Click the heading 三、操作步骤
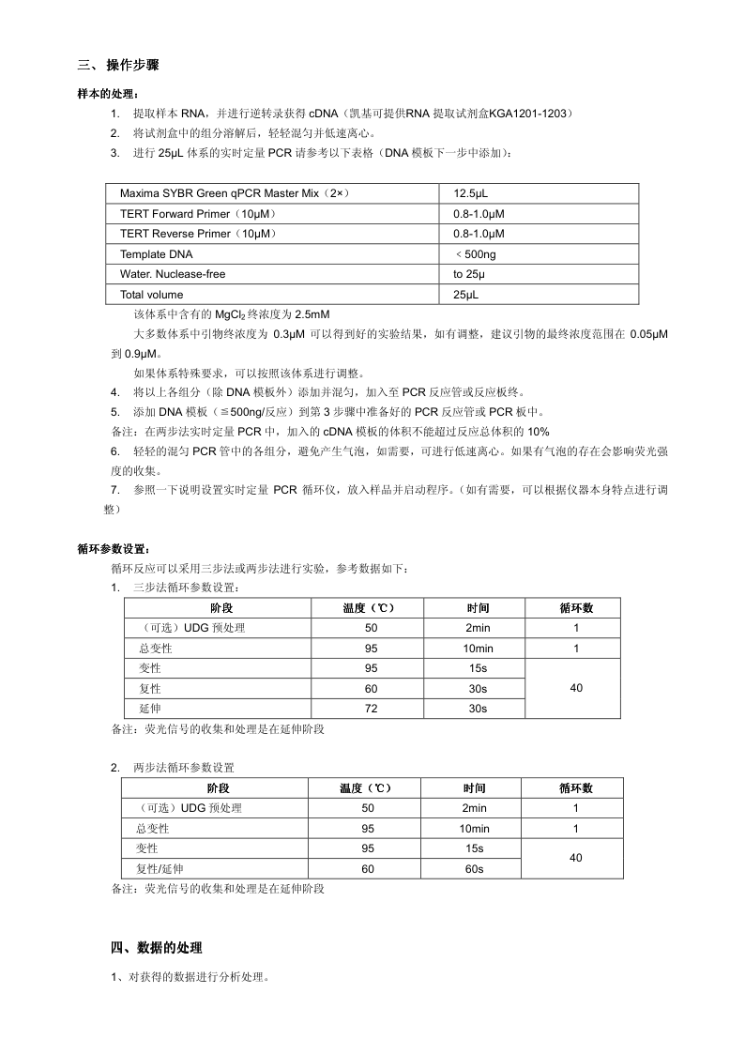[x=118, y=65]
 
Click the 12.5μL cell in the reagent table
[x=470, y=193]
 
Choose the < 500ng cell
[x=476, y=254]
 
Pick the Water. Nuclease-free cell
[x=173, y=274]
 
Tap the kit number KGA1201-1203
[x=532, y=114]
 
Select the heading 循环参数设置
[x=113, y=549]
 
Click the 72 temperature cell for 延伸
[x=371, y=708]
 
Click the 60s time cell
[x=474, y=869]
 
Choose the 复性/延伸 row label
[x=160, y=869]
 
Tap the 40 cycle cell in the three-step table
[x=575, y=688]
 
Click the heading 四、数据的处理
[x=156, y=948]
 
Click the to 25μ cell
[x=469, y=274]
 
